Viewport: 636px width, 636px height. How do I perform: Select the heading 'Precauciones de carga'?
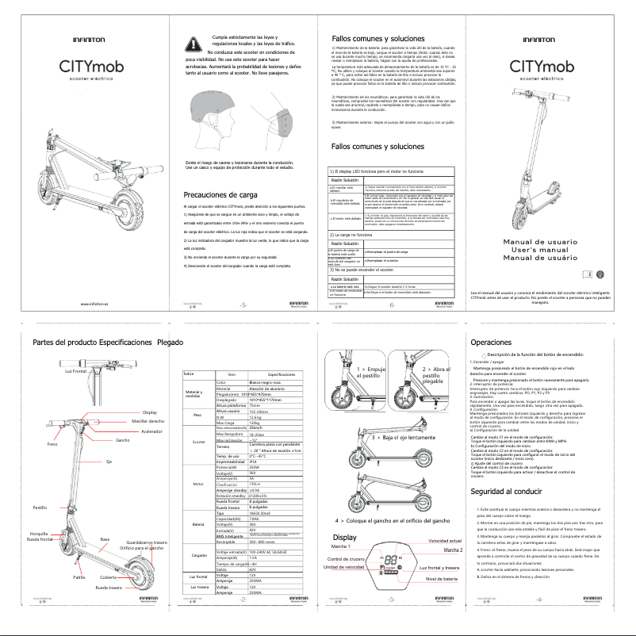click(220, 195)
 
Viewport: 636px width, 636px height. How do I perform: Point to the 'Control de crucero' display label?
click(348, 560)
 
